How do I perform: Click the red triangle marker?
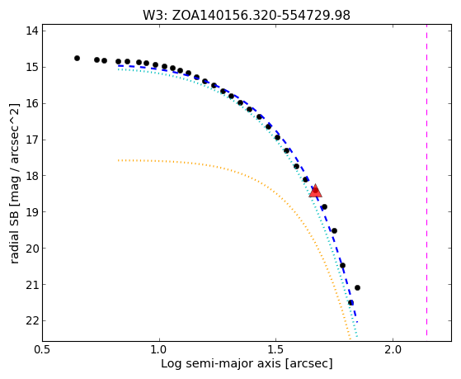click(316, 191)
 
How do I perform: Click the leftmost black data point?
click(77, 59)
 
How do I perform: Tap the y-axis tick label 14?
click(32, 31)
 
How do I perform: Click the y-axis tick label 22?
click(32, 320)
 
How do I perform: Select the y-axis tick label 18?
click(32, 176)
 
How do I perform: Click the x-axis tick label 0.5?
click(43, 350)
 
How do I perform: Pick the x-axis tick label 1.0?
click(159, 350)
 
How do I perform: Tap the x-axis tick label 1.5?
click(275, 350)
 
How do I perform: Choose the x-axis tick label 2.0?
click(393, 350)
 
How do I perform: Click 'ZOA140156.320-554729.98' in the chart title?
click(261, 16)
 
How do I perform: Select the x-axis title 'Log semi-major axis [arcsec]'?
click(247, 364)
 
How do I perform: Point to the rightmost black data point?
click(358, 287)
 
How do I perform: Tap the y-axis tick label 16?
click(32, 104)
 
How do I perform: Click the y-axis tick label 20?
click(32, 249)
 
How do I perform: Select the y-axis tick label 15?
click(32, 68)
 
